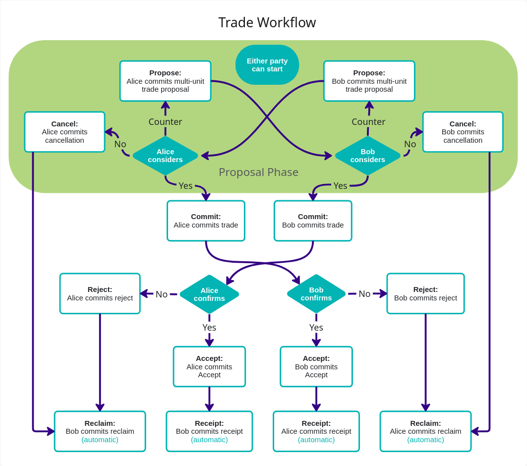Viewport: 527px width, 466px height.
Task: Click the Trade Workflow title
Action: coord(267,22)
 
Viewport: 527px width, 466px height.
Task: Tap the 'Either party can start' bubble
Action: coord(267,65)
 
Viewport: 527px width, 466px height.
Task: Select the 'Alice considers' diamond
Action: coord(165,156)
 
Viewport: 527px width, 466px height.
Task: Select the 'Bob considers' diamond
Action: coord(367,156)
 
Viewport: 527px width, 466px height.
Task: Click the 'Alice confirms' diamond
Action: coord(209,294)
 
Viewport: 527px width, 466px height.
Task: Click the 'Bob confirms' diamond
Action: coord(316,293)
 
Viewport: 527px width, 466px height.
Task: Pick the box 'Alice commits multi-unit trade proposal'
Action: coord(165,81)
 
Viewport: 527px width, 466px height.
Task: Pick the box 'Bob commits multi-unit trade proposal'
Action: coord(369,81)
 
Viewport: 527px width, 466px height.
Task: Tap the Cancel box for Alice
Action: coord(64,132)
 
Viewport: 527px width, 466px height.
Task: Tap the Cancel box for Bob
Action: coord(463,132)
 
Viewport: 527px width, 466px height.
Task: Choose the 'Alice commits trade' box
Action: coord(206,221)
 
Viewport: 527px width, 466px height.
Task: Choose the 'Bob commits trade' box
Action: coord(313,221)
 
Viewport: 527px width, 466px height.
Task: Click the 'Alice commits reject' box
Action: coord(100,293)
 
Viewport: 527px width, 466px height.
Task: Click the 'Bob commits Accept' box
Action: coord(316,366)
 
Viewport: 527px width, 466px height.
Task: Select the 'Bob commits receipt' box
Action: coord(209,431)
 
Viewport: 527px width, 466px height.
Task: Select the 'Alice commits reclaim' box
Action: coord(425,431)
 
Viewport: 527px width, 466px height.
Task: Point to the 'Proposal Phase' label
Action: coord(258,172)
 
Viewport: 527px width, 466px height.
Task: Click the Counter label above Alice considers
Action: coord(165,121)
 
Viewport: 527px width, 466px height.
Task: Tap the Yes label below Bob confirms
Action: coord(316,327)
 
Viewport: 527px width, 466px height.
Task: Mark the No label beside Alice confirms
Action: coord(162,294)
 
